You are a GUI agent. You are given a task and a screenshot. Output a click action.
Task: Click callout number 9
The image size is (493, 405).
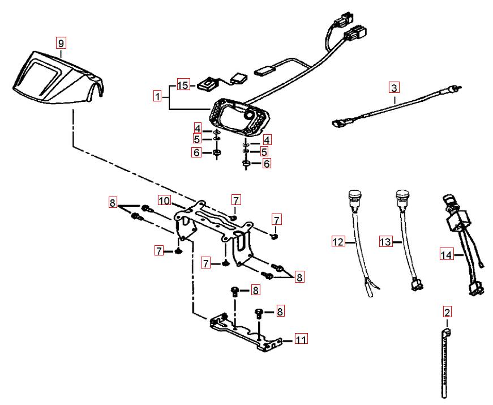click(x=61, y=42)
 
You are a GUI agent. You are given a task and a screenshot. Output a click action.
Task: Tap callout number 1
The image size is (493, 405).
click(x=157, y=97)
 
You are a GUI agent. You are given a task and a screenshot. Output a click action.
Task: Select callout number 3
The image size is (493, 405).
click(x=394, y=88)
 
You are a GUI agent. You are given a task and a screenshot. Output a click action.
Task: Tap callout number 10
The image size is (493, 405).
click(x=164, y=201)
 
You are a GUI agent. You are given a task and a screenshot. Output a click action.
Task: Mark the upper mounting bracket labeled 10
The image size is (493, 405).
click(x=212, y=229)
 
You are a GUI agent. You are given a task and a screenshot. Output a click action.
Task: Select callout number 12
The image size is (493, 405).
click(x=338, y=242)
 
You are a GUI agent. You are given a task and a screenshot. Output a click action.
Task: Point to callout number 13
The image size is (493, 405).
click(x=385, y=242)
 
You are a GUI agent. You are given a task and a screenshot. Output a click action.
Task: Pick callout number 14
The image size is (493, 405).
click(x=447, y=255)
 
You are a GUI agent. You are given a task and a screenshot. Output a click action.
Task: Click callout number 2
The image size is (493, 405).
click(x=447, y=312)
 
